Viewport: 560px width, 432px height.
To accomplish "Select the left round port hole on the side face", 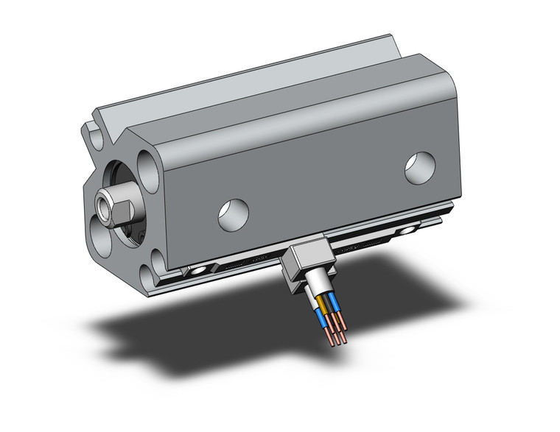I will (233, 213).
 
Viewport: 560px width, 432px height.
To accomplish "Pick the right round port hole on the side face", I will (421, 168).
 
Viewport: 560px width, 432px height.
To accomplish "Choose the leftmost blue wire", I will (321, 316).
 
